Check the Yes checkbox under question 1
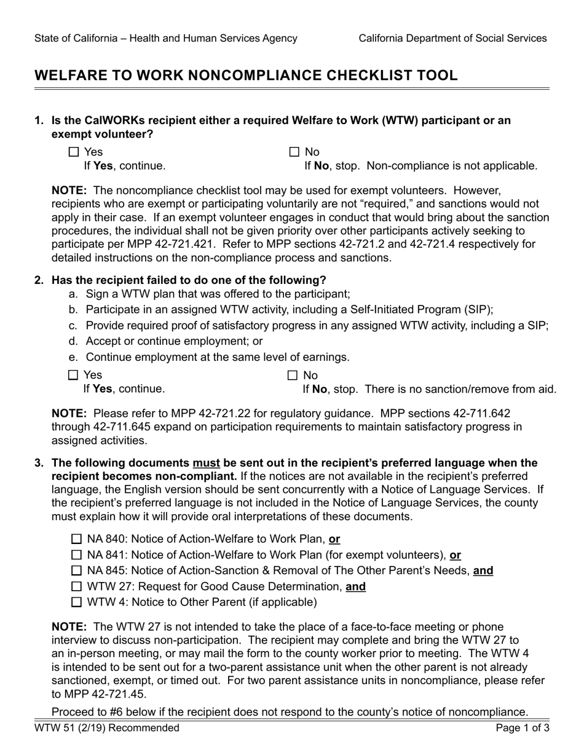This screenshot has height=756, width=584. [x=74, y=152]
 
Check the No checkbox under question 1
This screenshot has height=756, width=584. [x=294, y=152]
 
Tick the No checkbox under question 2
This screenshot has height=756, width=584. [x=293, y=375]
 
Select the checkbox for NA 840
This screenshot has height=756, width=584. [x=77, y=539]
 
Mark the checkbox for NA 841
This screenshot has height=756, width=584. [x=77, y=555]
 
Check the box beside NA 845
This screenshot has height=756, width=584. [x=77, y=570]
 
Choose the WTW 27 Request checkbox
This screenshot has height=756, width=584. [x=77, y=586]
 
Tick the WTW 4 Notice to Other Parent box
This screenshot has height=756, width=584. [x=77, y=602]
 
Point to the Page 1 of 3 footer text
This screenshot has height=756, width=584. [x=523, y=728]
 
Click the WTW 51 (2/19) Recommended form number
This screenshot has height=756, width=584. [x=107, y=728]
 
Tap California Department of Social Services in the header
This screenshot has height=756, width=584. [x=452, y=38]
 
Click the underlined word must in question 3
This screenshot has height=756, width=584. [x=206, y=463]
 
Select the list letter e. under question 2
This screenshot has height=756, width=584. [x=73, y=357]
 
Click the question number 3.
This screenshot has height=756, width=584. [x=39, y=463]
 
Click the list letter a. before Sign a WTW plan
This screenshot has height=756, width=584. [x=73, y=294]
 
